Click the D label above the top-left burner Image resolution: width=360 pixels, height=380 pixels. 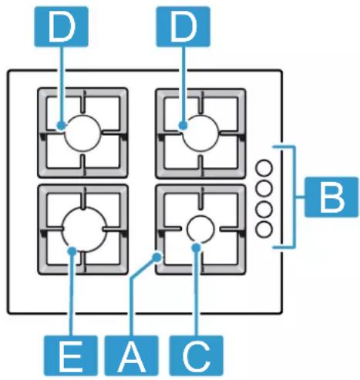coord(62,26)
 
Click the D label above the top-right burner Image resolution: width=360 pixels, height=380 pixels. coord(183,26)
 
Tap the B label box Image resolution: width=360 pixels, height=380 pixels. coord(331,197)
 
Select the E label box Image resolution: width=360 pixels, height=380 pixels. coord(71,355)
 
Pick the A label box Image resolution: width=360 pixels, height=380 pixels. coord(131,355)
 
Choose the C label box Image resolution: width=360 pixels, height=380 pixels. coord(196,355)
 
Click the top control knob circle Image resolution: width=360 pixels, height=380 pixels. coord(264,169)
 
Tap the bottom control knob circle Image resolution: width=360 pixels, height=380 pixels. coord(264,229)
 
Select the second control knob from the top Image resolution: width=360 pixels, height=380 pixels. coord(264,188)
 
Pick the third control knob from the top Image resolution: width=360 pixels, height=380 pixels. coord(264,209)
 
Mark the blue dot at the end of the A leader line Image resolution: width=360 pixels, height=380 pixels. coord(156,257)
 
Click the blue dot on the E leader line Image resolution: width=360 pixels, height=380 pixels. coord(72,251)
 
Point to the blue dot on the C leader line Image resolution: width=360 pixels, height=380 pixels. coord(197,247)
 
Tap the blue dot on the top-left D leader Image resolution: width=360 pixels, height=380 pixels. coord(62,126)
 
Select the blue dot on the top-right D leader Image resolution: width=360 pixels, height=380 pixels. coord(183,126)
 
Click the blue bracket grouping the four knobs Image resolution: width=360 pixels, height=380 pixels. coord(294,197)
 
